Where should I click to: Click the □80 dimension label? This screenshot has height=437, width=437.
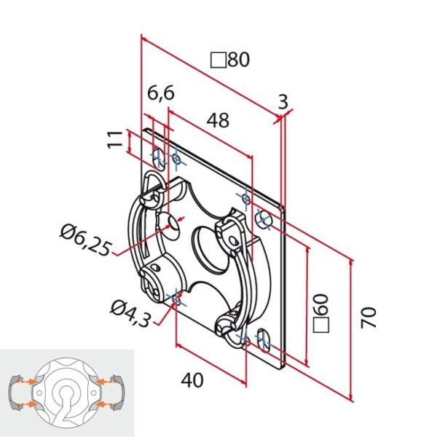pos(230,60)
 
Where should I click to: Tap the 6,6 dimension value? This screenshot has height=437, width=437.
pos(160,93)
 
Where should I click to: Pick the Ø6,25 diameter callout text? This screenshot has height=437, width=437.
pos(86,240)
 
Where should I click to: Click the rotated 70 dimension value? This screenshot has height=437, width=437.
pos(370,318)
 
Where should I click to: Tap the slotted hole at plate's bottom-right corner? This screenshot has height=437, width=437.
pos(262,339)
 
